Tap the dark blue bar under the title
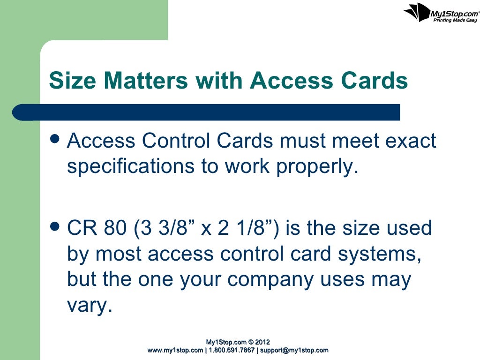(x=206, y=112)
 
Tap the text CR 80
(x=97, y=228)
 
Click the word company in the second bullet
(x=272, y=280)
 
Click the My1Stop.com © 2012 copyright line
(x=238, y=342)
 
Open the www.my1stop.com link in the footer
(x=175, y=350)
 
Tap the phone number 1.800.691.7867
(x=231, y=350)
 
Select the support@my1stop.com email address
(x=294, y=350)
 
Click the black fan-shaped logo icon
(x=416, y=12)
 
